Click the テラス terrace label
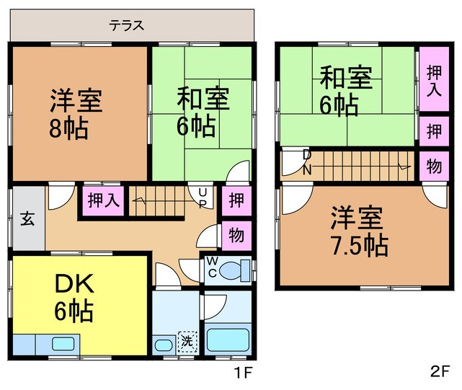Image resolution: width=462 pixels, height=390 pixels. (127, 25)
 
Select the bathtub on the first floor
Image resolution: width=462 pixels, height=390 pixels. (228, 340)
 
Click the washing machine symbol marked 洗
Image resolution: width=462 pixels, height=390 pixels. (187, 342)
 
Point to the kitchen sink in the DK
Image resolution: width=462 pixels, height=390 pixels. (63, 344)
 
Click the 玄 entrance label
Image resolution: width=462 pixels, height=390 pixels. (27, 219)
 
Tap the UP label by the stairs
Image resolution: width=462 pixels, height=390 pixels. (203, 198)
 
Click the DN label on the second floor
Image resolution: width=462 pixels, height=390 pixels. (307, 162)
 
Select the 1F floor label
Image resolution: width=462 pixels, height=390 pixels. (244, 373)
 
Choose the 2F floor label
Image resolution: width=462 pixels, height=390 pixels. (440, 371)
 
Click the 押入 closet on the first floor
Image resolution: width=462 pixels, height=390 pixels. (103, 200)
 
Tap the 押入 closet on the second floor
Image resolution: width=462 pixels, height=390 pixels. (434, 79)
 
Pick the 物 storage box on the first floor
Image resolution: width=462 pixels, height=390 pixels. (236, 236)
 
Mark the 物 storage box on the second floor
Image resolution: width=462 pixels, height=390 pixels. (434, 166)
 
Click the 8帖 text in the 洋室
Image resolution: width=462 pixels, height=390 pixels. (68, 128)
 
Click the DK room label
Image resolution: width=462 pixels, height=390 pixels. (74, 283)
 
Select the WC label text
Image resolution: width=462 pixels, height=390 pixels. (212, 267)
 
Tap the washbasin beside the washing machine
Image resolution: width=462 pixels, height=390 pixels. (164, 345)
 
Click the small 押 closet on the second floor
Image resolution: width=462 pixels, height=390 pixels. (434, 131)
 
